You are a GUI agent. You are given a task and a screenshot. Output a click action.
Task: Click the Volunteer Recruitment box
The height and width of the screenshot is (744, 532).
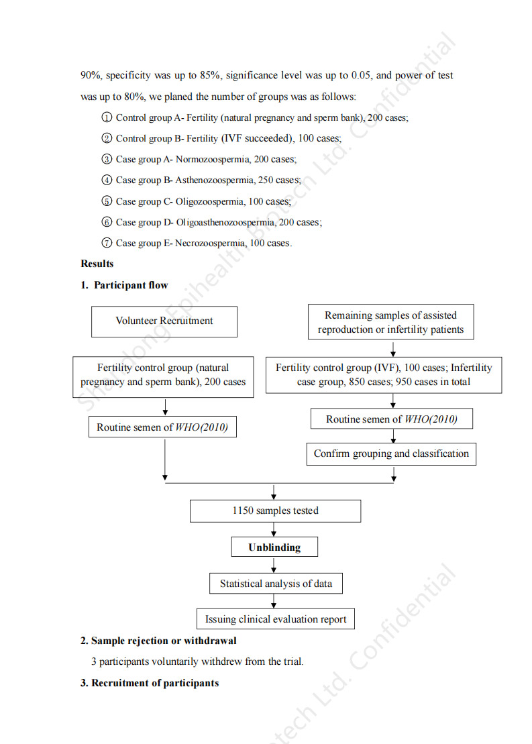tap(164, 321)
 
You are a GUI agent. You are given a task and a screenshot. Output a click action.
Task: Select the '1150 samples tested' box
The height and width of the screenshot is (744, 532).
tap(275, 511)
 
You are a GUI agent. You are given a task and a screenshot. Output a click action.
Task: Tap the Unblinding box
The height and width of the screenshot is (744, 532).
tap(275, 547)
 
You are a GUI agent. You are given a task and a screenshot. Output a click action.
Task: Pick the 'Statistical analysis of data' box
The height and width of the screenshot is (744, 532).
tap(276, 583)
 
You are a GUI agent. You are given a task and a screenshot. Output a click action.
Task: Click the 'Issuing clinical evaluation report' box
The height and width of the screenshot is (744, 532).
tap(276, 619)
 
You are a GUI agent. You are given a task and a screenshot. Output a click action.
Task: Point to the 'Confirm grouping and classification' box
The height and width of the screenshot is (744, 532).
tap(391, 454)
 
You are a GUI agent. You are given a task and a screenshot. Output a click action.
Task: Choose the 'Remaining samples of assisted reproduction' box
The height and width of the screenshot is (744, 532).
tap(391, 322)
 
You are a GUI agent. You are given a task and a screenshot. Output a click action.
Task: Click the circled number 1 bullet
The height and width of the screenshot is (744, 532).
tap(107, 117)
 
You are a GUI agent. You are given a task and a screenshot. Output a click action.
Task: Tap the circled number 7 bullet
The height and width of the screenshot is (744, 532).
tap(107, 243)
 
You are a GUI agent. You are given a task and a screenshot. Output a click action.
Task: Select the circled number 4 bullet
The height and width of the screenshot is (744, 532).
tap(107, 180)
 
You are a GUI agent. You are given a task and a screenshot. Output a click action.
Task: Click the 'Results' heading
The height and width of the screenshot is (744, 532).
tap(97, 264)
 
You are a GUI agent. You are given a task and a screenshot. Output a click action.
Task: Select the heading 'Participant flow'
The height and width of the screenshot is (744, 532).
tap(131, 285)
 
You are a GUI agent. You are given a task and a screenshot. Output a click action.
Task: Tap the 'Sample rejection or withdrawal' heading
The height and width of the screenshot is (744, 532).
tap(164, 641)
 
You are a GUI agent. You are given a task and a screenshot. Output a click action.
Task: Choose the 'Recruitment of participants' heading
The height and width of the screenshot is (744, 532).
tap(155, 683)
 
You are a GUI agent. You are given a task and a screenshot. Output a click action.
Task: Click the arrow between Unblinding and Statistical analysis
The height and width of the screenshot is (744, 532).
tap(274, 565)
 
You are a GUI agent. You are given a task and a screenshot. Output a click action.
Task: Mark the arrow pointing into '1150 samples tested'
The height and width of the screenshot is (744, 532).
tap(274, 492)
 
